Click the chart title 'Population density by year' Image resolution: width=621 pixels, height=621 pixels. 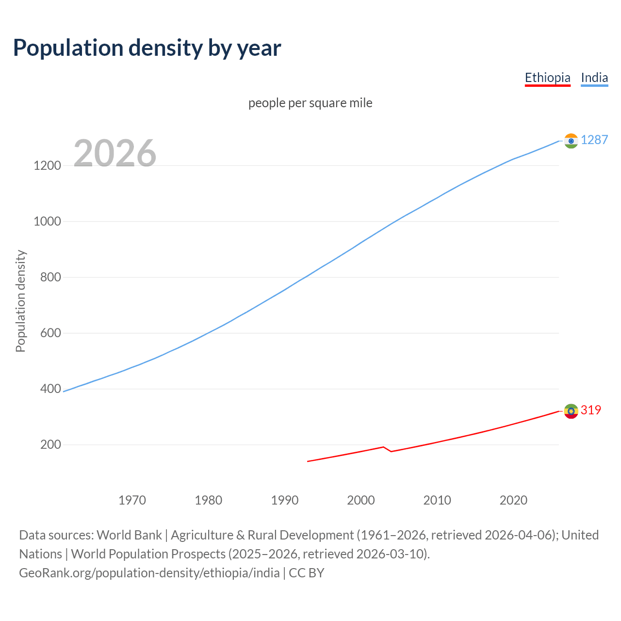147,48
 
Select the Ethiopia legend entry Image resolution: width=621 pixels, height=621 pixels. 547,78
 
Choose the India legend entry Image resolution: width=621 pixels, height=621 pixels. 594,78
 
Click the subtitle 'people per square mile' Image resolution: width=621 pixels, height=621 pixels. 310,103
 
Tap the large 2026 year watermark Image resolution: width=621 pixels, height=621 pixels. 115,153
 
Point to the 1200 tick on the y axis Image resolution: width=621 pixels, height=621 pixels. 47,165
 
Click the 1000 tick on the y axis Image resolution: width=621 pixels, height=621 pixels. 47,221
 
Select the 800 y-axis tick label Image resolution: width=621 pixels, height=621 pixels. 50,277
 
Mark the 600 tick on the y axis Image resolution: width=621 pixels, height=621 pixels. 50,333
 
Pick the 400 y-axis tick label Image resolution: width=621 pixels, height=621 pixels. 50,389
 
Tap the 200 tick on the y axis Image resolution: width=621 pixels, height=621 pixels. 50,444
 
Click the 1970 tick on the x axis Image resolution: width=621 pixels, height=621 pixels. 132,500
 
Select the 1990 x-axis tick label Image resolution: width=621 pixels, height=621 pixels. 285,500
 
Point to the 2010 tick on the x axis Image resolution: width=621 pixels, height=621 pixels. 437,500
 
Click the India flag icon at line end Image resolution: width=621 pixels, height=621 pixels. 571,141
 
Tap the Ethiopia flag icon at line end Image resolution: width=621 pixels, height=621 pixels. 571,411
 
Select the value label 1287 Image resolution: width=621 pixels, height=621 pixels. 594,140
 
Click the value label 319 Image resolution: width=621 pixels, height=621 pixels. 590,410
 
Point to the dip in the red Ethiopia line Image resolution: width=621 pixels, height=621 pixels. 391,451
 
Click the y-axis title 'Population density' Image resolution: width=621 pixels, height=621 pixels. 20,301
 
